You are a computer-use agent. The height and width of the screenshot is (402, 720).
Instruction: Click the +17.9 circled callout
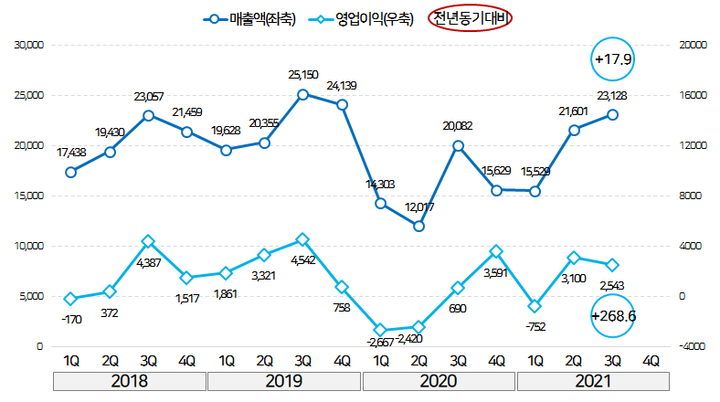614,59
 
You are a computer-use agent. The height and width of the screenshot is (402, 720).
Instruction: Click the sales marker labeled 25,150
302,94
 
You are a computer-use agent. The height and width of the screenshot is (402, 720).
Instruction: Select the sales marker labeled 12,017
418,226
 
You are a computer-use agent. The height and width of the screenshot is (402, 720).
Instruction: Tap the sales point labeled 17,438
70,172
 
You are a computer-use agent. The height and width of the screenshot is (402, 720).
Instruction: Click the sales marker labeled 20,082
458,145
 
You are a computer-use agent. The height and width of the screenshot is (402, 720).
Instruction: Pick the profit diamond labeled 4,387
148,241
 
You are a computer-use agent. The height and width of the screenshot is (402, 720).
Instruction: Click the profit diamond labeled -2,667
380,330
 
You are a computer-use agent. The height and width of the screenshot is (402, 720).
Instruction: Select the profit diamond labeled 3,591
496,251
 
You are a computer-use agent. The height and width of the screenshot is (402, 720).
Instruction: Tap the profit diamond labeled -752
535,306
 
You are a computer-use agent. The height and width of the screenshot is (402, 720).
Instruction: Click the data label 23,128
611,94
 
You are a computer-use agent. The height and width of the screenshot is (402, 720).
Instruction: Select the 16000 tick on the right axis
690,95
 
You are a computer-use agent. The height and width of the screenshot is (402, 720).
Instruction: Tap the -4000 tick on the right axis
689,347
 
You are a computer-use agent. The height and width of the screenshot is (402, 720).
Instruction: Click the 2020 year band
439,380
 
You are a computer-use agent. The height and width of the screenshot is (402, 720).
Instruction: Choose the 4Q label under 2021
651,359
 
